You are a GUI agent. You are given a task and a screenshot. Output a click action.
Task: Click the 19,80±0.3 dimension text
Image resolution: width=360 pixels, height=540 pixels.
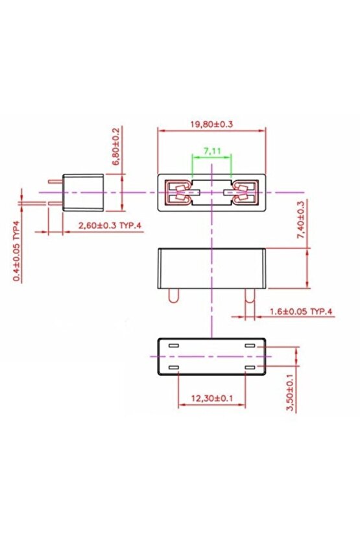click(x=211, y=123)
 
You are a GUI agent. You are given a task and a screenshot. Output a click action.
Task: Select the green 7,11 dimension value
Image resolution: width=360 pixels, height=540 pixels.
click(x=212, y=151)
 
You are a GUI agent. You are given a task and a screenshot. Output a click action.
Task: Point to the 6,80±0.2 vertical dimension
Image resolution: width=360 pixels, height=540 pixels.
click(x=116, y=147)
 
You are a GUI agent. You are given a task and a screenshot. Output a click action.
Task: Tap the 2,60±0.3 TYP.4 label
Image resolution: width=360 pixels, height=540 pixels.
click(x=108, y=225)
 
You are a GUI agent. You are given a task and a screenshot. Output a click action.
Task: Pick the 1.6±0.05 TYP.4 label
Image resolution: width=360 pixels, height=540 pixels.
click(x=300, y=312)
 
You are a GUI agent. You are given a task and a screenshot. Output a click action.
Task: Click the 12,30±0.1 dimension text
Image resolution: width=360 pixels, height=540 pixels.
click(x=211, y=398)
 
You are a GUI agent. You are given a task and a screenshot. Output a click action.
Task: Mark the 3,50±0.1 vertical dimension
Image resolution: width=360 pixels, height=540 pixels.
click(x=290, y=391)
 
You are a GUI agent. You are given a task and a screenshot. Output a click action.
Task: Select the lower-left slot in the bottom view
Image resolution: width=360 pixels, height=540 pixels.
click(x=173, y=367)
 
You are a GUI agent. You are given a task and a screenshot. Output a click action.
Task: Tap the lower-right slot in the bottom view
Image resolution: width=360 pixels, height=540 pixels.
click(x=250, y=367)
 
